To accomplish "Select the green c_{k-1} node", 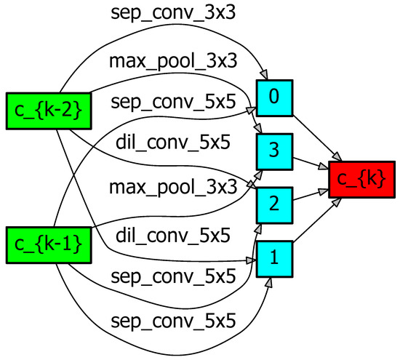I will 49,244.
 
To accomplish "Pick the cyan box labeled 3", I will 274,151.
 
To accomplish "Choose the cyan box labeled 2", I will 274,204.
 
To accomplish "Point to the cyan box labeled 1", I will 274,258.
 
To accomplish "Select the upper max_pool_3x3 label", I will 173,61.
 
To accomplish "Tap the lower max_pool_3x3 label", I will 173,188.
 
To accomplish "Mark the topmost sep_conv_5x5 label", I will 173,103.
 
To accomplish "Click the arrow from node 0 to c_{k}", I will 316,137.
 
